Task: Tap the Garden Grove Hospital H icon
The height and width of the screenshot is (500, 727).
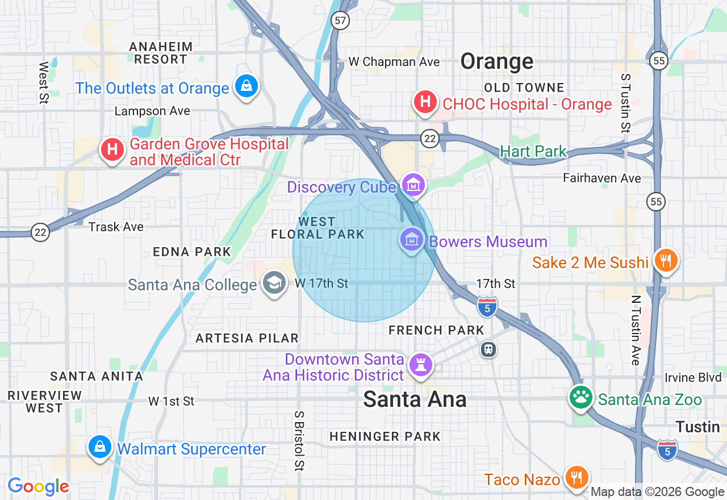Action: (112, 150)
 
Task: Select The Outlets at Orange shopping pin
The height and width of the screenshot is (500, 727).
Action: (246, 87)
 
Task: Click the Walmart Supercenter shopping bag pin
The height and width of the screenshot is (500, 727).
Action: (99, 447)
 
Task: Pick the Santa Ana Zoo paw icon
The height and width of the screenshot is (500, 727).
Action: (581, 397)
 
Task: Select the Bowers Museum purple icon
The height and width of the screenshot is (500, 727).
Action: (412, 240)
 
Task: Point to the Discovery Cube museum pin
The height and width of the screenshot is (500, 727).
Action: (413, 185)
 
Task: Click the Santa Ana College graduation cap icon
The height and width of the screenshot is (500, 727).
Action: (275, 283)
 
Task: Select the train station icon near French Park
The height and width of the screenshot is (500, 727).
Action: (488, 349)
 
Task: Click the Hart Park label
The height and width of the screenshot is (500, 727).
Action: (533, 151)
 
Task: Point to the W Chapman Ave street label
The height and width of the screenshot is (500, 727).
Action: (394, 61)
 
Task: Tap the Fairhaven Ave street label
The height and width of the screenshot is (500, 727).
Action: (601, 178)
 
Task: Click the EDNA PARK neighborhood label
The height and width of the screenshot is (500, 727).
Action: (192, 252)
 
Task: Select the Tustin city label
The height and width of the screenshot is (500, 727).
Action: (697, 427)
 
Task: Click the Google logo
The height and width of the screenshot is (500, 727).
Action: (38, 486)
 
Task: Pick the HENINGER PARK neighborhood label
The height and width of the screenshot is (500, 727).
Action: (385, 436)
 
